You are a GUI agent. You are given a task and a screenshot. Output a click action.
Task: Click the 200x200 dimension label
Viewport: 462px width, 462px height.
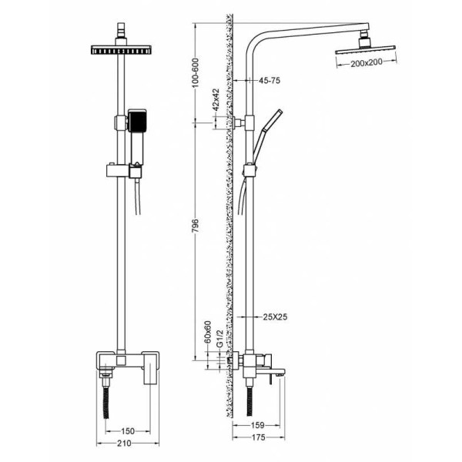pyautogui.click(x=367, y=63)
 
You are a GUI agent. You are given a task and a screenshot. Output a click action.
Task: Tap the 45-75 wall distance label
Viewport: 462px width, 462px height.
pyautogui.click(x=269, y=80)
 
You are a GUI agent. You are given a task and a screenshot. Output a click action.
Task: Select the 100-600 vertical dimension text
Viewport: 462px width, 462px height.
pyautogui.click(x=196, y=73)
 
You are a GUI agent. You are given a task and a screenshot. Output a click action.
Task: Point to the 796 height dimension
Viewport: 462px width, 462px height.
pyautogui.click(x=196, y=225)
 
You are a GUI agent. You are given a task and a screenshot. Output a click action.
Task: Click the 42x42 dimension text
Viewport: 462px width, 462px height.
pyautogui.click(x=216, y=99)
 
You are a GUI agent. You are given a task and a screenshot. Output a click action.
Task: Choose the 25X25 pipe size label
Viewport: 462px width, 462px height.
pyautogui.click(x=275, y=317)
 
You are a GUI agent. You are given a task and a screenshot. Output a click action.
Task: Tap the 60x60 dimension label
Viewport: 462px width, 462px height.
pyautogui.click(x=208, y=332)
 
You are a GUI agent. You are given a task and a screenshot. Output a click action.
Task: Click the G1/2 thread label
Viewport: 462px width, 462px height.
pyautogui.click(x=219, y=339)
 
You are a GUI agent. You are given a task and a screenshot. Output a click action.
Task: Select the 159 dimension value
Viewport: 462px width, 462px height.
pyautogui.click(x=257, y=425)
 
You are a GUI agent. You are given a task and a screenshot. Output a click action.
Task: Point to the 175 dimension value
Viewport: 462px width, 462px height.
pyautogui.click(x=259, y=437)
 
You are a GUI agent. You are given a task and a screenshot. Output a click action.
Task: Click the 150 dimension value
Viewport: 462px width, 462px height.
pyautogui.click(x=128, y=431)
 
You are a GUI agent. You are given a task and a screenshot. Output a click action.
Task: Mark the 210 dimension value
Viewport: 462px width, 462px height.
pyautogui.click(x=124, y=443)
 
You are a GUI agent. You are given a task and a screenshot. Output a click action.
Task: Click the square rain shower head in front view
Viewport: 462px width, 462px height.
pyautogui.click(x=121, y=50)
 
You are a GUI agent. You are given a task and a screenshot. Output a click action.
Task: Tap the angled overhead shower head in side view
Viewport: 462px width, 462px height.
pyautogui.click(x=365, y=50)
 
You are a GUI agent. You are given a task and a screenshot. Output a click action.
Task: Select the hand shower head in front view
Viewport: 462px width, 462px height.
pyautogui.click(x=137, y=121)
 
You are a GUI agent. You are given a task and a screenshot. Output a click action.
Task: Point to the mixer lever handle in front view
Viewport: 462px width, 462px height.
pyautogui.click(x=150, y=368)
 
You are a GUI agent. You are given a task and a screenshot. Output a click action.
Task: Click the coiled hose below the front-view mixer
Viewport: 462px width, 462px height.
pyautogui.click(x=106, y=403)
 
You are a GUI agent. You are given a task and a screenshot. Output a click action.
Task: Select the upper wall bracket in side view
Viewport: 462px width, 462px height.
pyautogui.click(x=239, y=122)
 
